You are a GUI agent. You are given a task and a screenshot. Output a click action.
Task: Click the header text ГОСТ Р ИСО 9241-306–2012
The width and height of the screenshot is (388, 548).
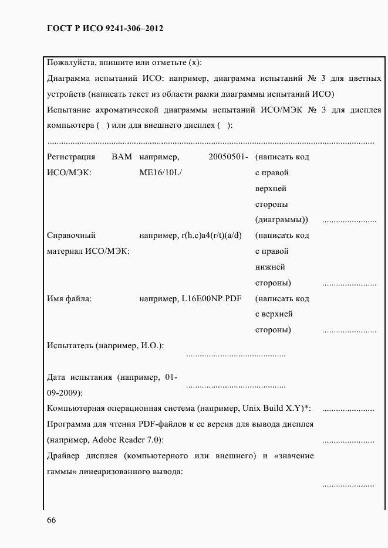pyautogui.click(x=104, y=28)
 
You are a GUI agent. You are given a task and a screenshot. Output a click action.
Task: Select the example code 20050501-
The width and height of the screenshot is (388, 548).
pyautogui.click(x=228, y=157)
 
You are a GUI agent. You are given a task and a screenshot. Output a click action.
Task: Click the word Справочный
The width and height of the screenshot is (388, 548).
pyautogui.click(x=71, y=236)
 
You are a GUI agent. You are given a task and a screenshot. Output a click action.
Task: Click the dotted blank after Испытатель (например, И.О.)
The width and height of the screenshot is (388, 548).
pyautogui.click(x=235, y=354)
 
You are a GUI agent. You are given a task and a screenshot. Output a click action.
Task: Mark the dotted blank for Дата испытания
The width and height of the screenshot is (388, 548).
pyautogui.click(x=235, y=386)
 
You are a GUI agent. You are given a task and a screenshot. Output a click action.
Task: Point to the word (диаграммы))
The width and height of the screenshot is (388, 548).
pyautogui.click(x=282, y=220)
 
